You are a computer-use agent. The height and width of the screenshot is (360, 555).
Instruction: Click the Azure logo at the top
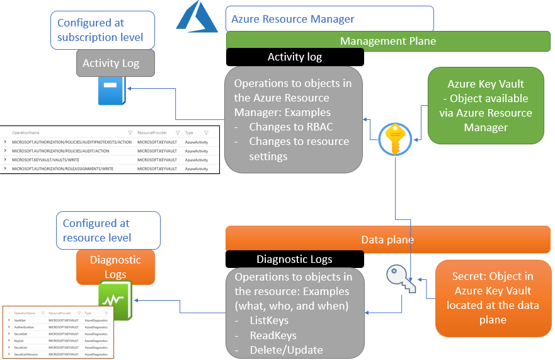click(x=197, y=17)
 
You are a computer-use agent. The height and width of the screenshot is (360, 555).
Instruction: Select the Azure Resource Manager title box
click(x=329, y=19)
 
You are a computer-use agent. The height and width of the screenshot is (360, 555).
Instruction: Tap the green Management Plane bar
click(x=388, y=41)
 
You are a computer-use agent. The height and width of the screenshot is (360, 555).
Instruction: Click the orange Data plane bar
click(x=388, y=240)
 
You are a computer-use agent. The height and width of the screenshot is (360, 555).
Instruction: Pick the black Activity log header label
click(x=295, y=57)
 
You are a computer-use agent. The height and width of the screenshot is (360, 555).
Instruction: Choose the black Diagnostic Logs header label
click(x=294, y=259)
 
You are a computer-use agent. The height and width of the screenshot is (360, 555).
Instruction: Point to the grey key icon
click(x=401, y=278)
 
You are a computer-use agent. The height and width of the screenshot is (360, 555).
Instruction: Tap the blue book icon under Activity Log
click(x=111, y=91)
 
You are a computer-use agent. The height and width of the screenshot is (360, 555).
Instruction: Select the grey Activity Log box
click(x=111, y=63)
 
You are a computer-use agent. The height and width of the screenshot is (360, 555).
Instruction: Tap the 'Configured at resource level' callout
click(x=111, y=230)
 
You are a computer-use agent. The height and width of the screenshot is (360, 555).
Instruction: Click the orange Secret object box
click(x=493, y=298)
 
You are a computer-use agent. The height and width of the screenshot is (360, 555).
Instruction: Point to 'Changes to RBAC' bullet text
click(x=291, y=127)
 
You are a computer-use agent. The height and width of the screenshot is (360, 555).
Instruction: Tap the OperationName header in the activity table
click(x=26, y=133)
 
